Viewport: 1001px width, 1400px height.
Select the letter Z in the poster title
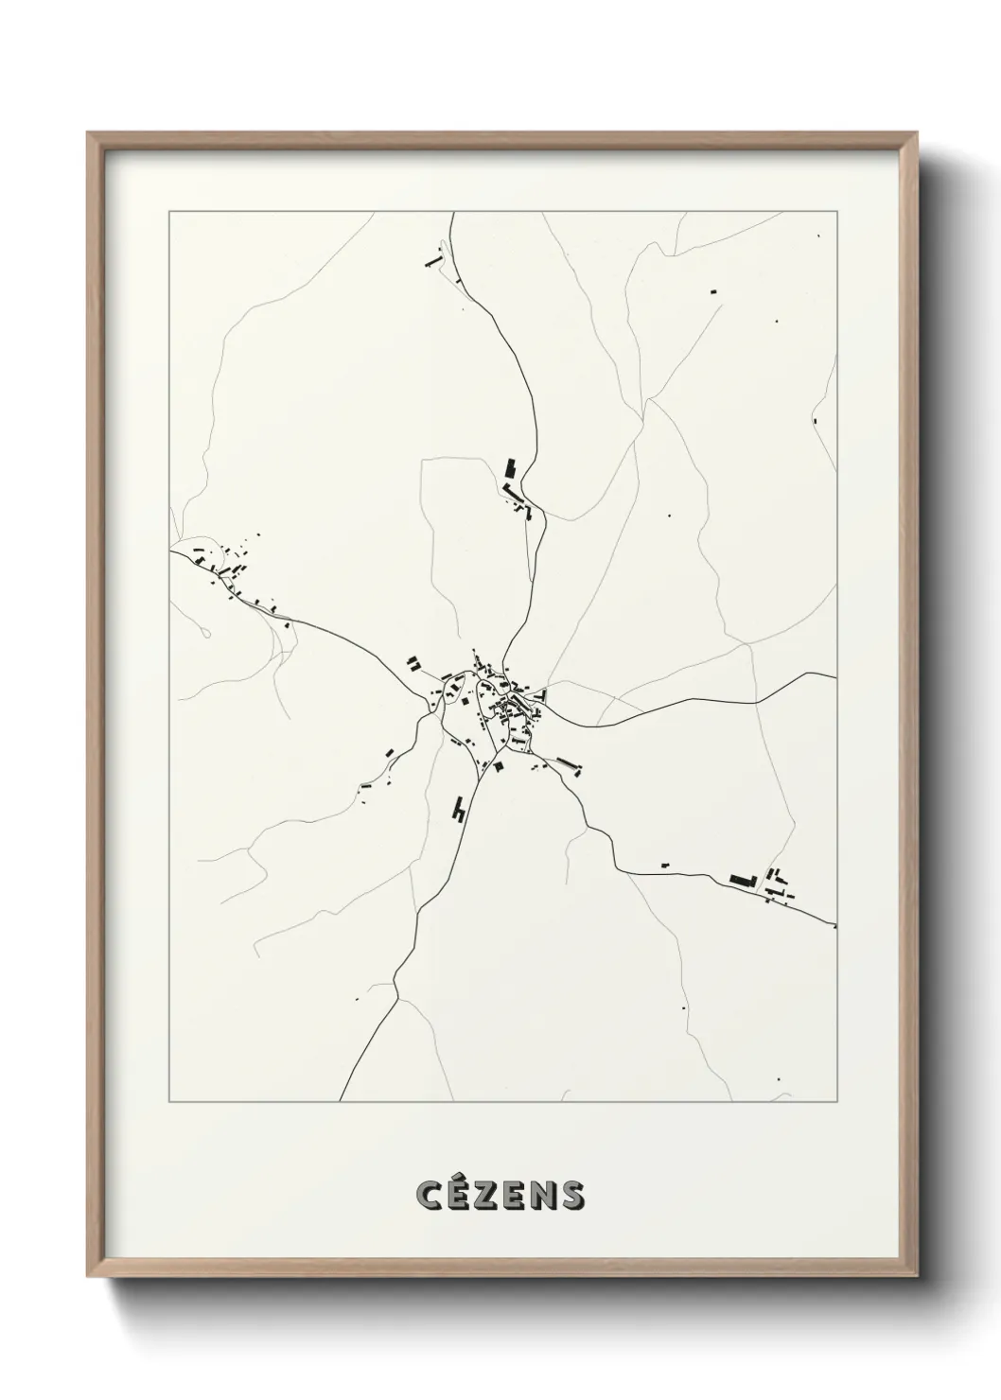coord(486,1196)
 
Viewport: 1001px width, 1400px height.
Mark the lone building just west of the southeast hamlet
coord(665,865)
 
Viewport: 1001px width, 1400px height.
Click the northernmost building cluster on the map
coord(434,258)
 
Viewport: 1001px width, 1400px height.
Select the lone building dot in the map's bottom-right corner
coord(779,1079)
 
